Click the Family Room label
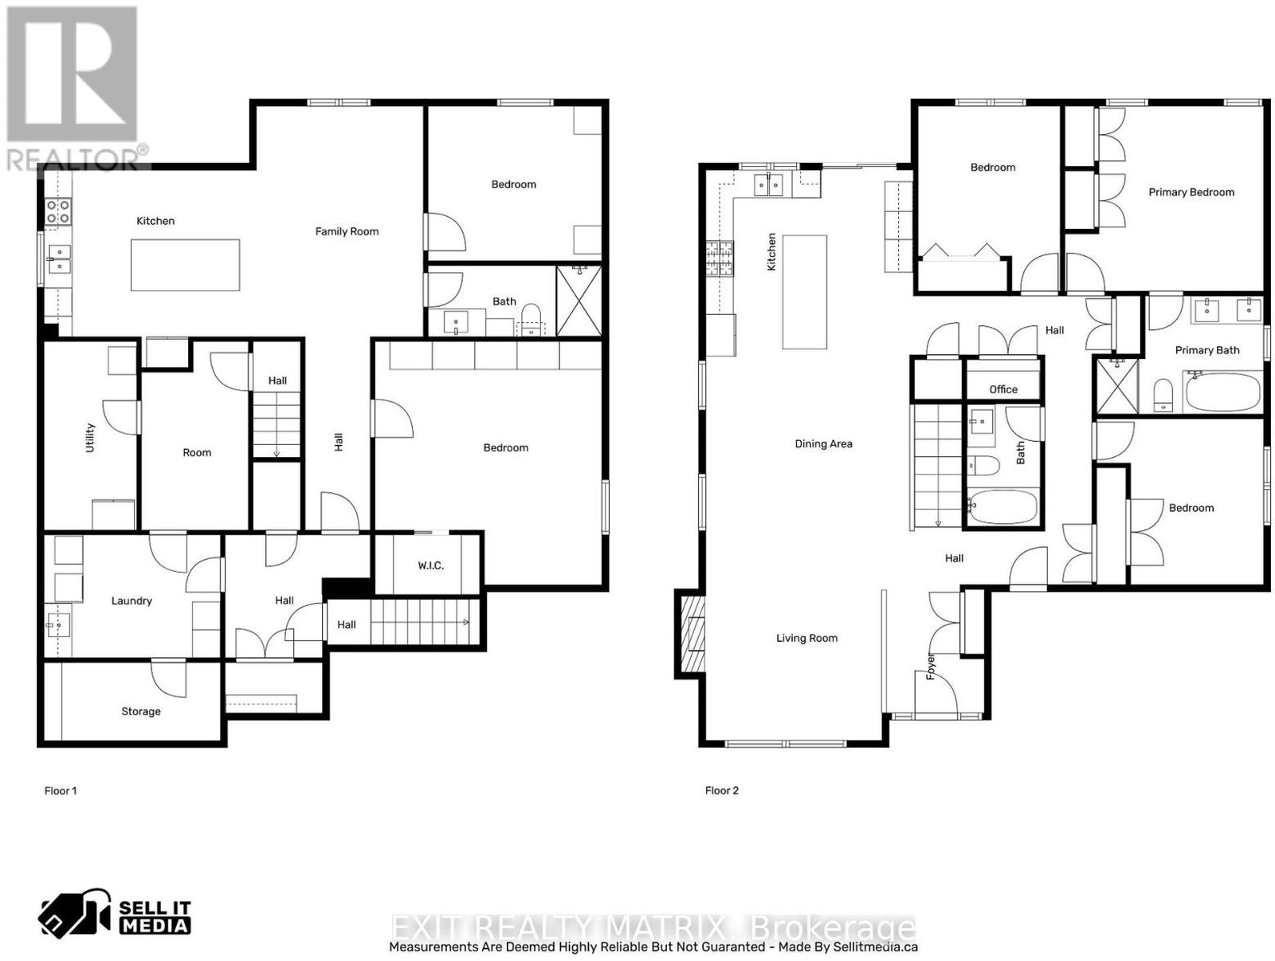coord(346,231)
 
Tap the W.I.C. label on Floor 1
coord(430,565)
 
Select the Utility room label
coord(89,437)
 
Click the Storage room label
coord(140,711)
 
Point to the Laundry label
coord(131,601)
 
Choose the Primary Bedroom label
coord(1191,192)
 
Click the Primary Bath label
coord(1206,350)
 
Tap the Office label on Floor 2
coord(1002,389)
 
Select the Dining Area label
coord(823,444)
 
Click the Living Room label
coord(806,638)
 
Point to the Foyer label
coord(931,666)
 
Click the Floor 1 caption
coord(61,790)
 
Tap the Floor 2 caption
coord(721,790)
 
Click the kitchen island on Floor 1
coord(185,265)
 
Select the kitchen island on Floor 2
coord(805,292)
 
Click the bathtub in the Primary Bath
coord(1222,392)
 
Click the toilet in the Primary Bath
coord(1163,396)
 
